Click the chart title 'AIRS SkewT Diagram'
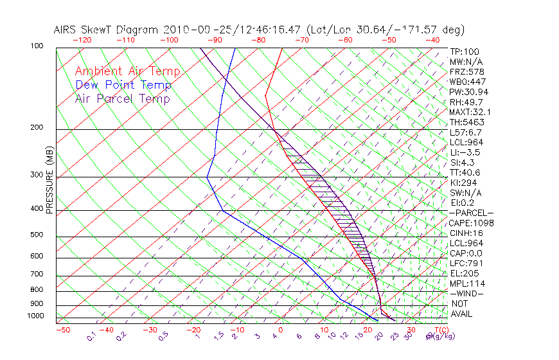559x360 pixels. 106,30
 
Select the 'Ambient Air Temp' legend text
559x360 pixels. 127,72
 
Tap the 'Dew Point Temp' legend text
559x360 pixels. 123,85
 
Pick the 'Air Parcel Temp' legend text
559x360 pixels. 122,99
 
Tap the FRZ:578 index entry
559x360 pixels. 466,72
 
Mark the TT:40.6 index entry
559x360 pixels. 465,172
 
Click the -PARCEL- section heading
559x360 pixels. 471,213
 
